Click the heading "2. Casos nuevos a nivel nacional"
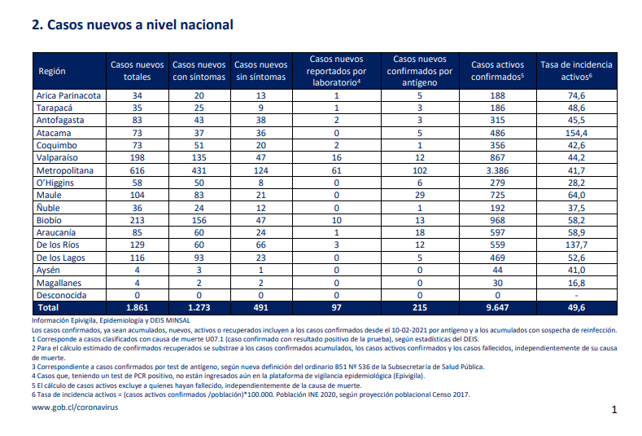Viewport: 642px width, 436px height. point(133,25)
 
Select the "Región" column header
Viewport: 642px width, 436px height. point(52,71)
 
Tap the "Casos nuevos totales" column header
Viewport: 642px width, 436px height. point(138,71)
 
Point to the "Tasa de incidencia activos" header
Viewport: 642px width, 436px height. point(576,71)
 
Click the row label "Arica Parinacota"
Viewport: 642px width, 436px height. point(68,95)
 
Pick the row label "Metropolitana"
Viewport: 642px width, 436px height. point(65,170)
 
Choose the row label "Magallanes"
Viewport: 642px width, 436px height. point(59,283)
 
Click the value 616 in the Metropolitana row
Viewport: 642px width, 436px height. point(138,170)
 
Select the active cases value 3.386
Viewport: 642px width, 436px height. point(497,170)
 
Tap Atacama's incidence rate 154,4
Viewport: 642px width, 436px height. point(576,134)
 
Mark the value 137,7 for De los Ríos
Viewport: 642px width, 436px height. point(576,244)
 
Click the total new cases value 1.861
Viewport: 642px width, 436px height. point(138,307)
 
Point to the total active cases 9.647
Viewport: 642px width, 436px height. point(497,307)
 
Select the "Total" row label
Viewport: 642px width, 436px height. point(48,307)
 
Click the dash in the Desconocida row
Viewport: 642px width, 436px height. point(576,296)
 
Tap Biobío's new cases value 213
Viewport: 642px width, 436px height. point(138,220)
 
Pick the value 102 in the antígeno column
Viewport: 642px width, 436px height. point(420,170)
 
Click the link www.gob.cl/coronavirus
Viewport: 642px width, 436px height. point(75,407)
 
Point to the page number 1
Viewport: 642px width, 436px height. point(614,409)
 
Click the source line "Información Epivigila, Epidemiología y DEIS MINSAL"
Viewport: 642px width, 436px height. point(111,321)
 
